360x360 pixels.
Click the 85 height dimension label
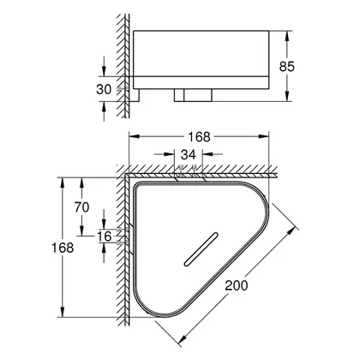pyautogui.click(x=286, y=67)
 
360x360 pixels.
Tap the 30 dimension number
pyautogui.click(x=104, y=89)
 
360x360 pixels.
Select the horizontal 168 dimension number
pyautogui.click(x=199, y=137)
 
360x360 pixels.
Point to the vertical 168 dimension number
pyautogui.click(x=63, y=248)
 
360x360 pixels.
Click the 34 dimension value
pyautogui.click(x=189, y=154)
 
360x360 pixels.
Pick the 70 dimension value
pyautogui.click(x=81, y=207)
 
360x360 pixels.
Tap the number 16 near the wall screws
pyautogui.click(x=104, y=237)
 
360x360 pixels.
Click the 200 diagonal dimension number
pyautogui.click(x=237, y=285)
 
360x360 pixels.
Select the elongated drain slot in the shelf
pyautogui.click(x=201, y=249)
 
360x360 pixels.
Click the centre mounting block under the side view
pyautogui.click(x=193, y=95)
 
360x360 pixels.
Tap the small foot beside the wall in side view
pyautogui.click(x=135, y=95)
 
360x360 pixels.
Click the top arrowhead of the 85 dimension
pyautogui.click(x=288, y=36)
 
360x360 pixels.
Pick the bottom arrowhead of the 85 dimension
pyautogui.click(x=288, y=96)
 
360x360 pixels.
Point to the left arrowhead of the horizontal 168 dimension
pyautogui.click(x=135, y=136)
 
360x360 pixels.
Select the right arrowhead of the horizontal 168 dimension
pyautogui.click(x=264, y=136)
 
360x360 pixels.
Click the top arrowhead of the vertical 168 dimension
pyautogui.click(x=62, y=183)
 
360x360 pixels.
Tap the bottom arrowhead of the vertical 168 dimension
pyautogui.click(x=62, y=312)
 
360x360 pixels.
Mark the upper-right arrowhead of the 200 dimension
pyautogui.click(x=291, y=231)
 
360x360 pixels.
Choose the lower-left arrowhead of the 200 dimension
pyautogui.click(x=182, y=339)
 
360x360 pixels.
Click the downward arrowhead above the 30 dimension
pyautogui.click(x=104, y=71)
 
